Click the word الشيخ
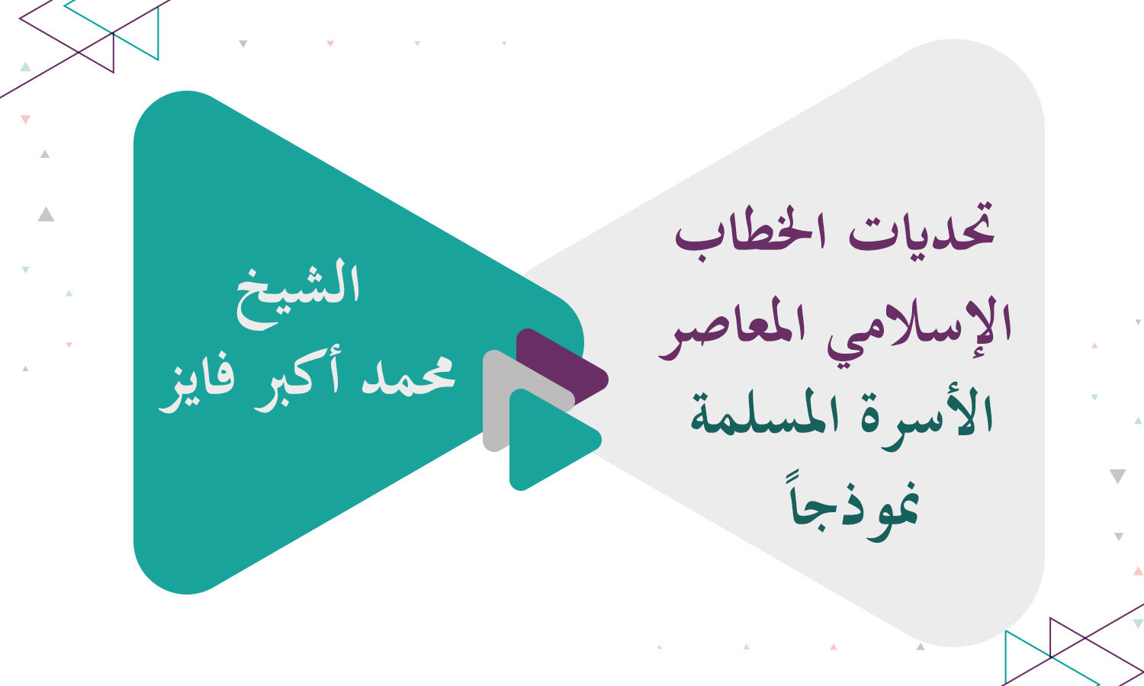point(298,293)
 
